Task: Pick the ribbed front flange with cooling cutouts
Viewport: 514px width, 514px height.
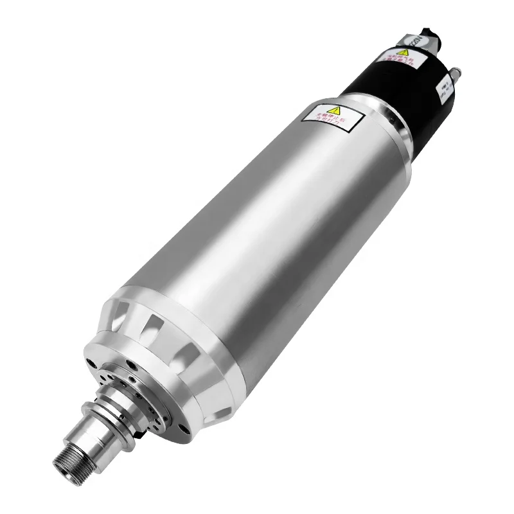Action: [167, 334]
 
